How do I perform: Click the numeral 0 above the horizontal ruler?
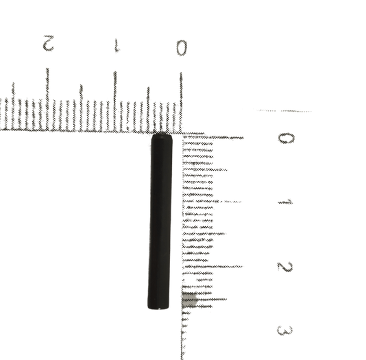click(x=182, y=48)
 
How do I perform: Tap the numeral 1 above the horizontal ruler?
click(x=117, y=45)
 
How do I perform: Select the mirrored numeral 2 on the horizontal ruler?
click(x=49, y=43)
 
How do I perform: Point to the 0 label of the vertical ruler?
click(x=286, y=138)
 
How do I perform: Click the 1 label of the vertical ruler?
click(x=285, y=202)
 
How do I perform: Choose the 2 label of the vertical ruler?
click(x=284, y=267)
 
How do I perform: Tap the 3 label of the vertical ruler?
click(x=284, y=331)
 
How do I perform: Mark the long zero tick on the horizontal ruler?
click(x=181, y=102)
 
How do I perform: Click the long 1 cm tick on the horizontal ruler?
click(x=115, y=101)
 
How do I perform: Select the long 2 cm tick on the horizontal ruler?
click(x=47, y=99)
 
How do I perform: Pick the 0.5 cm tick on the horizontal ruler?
click(x=148, y=109)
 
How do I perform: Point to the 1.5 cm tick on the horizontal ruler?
click(x=82, y=108)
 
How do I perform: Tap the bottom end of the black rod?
click(x=158, y=308)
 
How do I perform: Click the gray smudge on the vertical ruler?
click(x=189, y=300)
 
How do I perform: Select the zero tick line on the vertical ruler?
click(x=213, y=138)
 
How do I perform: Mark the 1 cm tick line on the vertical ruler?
click(x=212, y=201)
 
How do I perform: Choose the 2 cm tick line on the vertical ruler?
click(x=212, y=266)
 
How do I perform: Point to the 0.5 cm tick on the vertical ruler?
click(x=205, y=169)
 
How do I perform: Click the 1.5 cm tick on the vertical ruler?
click(x=204, y=233)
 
